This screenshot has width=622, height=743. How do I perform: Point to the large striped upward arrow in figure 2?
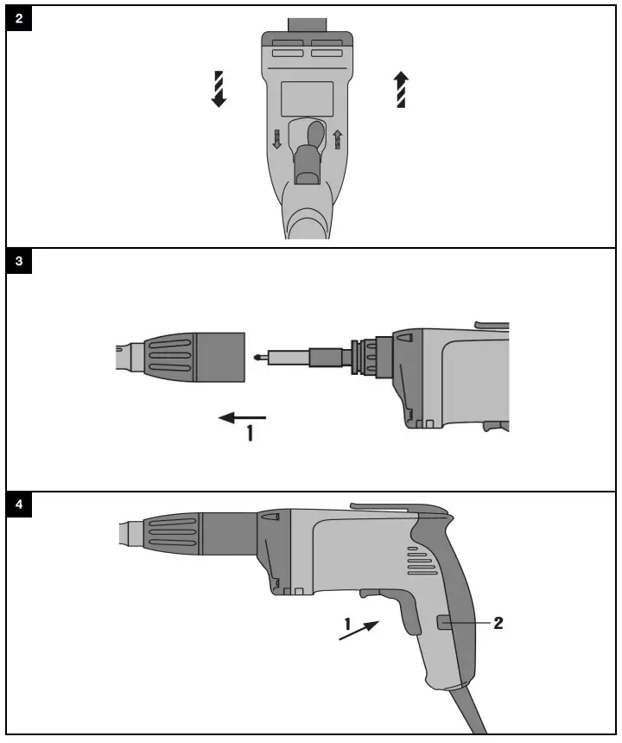point(401,89)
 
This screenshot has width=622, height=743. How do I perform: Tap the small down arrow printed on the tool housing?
point(277,139)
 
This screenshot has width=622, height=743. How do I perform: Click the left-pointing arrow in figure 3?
point(242,417)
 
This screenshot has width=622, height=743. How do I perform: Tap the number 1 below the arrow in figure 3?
point(251,435)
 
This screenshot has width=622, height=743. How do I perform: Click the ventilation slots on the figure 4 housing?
point(422,566)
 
